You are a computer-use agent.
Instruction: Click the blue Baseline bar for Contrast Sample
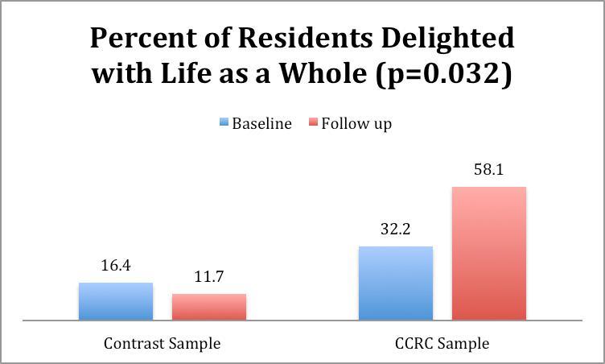click(116, 301)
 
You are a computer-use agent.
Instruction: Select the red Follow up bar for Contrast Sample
click(209, 307)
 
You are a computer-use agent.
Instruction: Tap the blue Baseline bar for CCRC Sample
click(396, 283)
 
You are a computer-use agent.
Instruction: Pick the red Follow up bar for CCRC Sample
click(489, 253)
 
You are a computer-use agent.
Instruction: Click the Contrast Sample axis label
click(162, 343)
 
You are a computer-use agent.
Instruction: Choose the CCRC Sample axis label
click(442, 343)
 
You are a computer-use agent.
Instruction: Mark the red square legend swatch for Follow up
click(312, 124)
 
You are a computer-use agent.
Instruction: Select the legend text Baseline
click(261, 124)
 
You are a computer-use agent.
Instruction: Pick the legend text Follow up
click(356, 124)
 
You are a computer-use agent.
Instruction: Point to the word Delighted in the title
click(450, 38)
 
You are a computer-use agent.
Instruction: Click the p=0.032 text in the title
click(442, 74)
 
